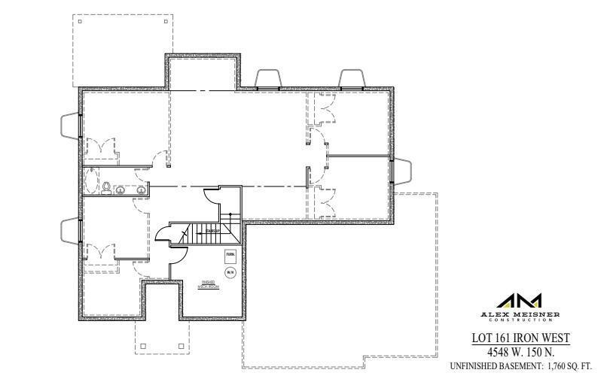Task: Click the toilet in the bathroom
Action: [x=108, y=186]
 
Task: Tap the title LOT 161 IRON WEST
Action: [x=520, y=339]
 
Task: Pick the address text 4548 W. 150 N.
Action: [x=520, y=352]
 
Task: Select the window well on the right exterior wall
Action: [x=402, y=171]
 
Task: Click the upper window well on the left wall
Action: [x=70, y=124]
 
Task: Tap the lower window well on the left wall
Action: [x=70, y=229]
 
